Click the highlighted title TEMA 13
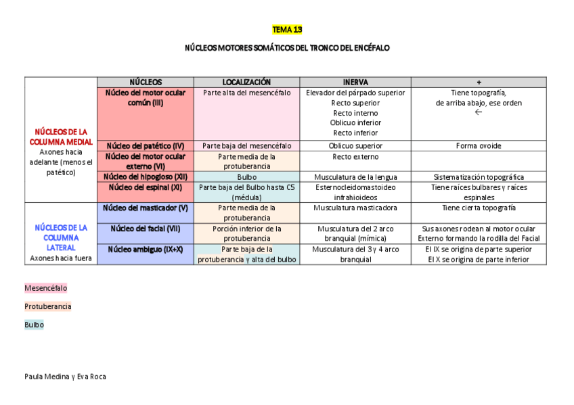click(287, 30)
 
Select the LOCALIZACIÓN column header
click(246, 82)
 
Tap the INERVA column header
click(355, 82)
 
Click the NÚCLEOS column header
click(146, 82)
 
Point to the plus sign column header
click(479, 82)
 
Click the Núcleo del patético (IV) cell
click(146, 146)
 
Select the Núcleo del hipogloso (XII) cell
click(146, 177)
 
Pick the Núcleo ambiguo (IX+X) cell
click(146, 249)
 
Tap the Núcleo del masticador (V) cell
click(146, 208)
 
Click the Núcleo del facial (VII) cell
click(146, 229)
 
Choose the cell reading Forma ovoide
click(479, 146)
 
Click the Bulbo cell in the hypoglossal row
click(246, 177)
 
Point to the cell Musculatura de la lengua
click(355, 177)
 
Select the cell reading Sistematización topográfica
click(479, 177)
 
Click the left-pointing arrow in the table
click(479, 112)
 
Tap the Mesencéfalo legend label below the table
click(46, 288)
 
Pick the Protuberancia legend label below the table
click(47, 306)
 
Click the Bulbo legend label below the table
click(34, 325)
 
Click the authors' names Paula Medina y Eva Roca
click(65, 377)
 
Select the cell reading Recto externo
click(355, 157)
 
